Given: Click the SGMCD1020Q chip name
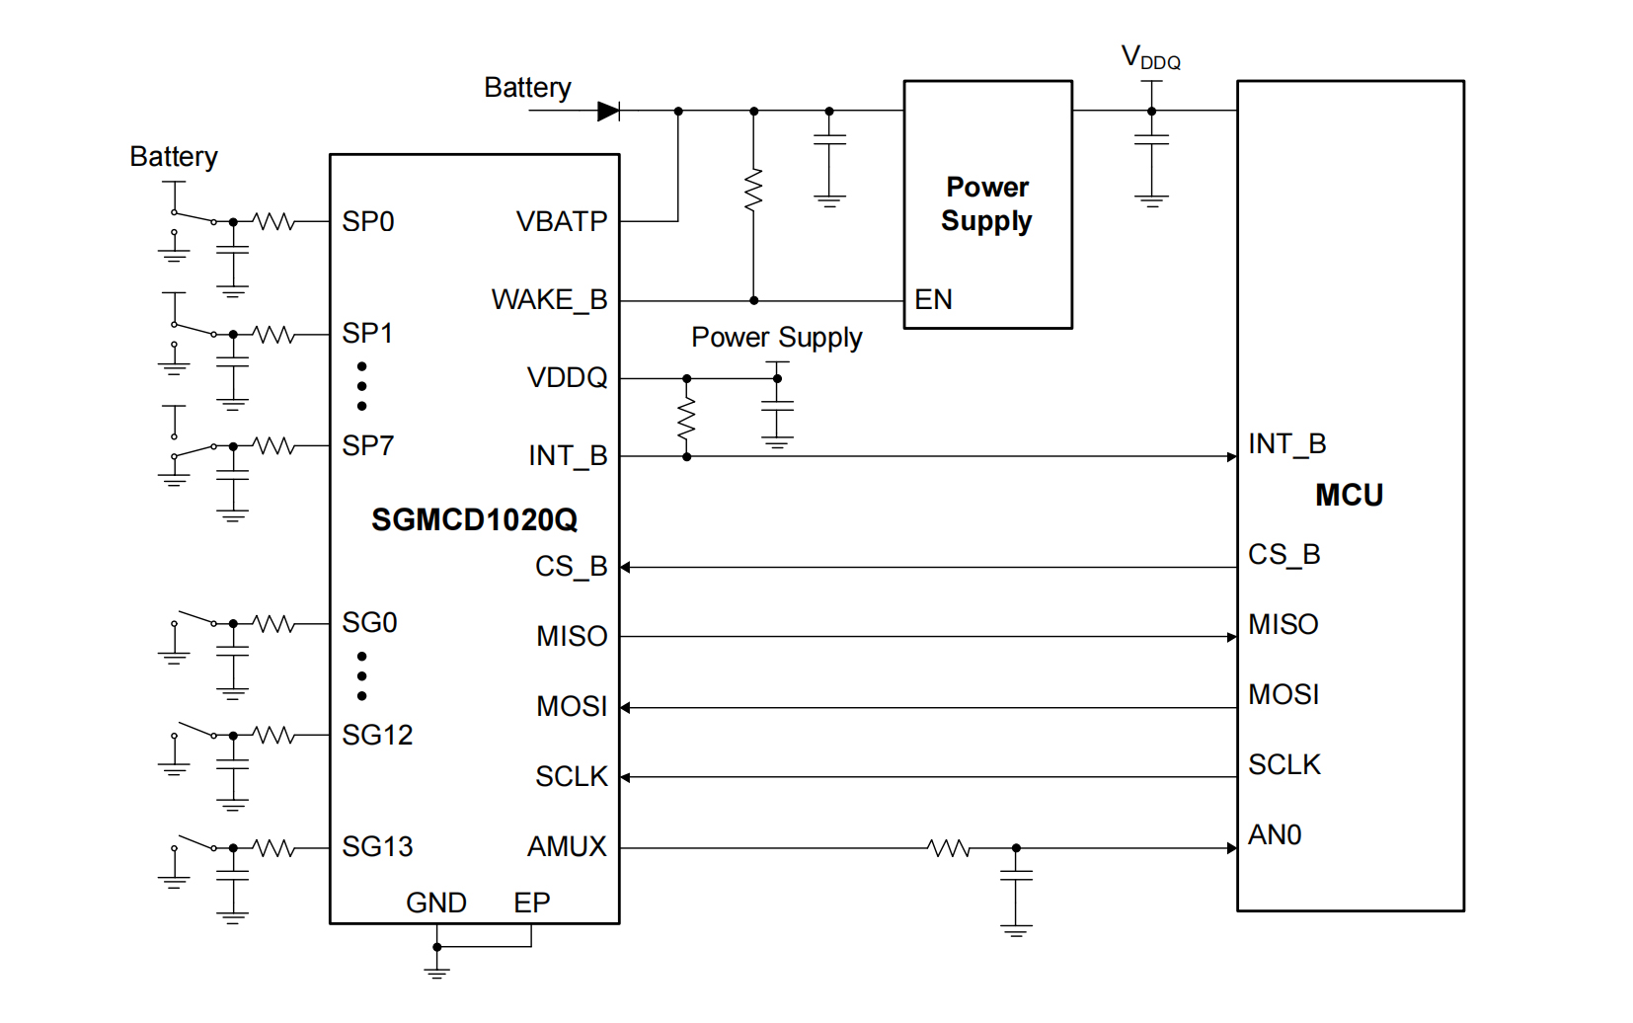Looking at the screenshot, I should (474, 519).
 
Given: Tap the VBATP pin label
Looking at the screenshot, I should (562, 221).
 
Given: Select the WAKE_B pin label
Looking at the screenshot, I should (549, 299).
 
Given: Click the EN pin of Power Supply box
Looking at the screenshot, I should (933, 299).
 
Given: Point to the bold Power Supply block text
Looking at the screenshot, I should (987, 203).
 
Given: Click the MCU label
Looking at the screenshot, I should (1349, 495).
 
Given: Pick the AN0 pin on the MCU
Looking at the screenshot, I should (1275, 835).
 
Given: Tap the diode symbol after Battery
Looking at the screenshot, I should (609, 111).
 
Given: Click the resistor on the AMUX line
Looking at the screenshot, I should (949, 848).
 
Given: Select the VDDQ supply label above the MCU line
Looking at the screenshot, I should (1150, 58).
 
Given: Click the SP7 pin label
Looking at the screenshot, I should (367, 446).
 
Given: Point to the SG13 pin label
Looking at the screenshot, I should (377, 847).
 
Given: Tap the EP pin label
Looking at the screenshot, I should (531, 903).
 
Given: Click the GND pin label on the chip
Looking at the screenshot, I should (435, 903).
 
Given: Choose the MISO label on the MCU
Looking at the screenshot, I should (1283, 624).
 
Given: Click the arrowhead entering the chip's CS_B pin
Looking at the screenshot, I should (626, 568).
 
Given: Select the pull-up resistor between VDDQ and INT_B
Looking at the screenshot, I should (686, 419).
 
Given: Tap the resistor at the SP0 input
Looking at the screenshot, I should (274, 222).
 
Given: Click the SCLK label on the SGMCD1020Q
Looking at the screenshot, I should (571, 777).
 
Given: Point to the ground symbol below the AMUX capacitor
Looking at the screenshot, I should (1016, 930).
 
